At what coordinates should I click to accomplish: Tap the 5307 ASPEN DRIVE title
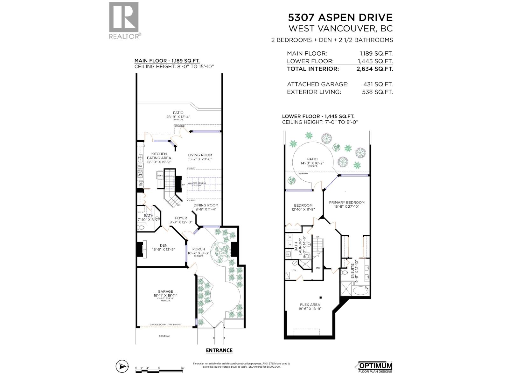pyautogui.click(x=340, y=17)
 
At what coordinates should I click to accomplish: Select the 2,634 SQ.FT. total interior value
pyautogui.click(x=377, y=69)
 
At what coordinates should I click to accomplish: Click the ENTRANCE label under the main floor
pyautogui.click(x=219, y=351)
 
